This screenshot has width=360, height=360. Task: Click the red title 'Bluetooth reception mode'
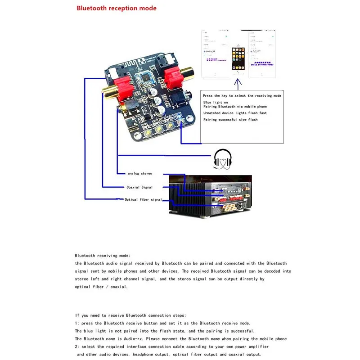pyautogui.click(x=117, y=8)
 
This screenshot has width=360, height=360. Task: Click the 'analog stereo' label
pyautogui.click(x=139, y=173)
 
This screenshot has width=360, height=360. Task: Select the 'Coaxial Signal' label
pyautogui.click(x=139, y=187)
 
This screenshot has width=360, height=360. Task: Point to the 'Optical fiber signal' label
pyautogui.click(x=143, y=199)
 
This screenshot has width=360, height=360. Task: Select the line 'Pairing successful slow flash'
pyautogui.click(x=230, y=120)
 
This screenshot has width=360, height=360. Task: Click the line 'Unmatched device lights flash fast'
pyautogui.click(x=235, y=113)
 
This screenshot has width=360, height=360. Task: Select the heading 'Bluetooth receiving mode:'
pyautogui.click(x=103, y=255)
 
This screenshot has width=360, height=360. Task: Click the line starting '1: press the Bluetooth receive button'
pyautogui.click(x=162, y=323)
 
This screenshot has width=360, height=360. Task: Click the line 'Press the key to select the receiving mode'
pyautogui.click(x=242, y=96)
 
